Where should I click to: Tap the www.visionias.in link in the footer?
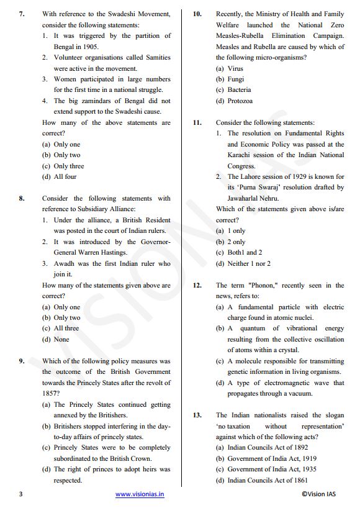coord(140,494)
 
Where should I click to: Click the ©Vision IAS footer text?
coord(322,494)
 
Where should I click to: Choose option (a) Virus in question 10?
coord(230,68)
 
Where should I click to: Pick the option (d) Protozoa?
coord(234,101)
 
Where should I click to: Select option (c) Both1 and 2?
coord(238,253)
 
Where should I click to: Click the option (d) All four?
coord(59,176)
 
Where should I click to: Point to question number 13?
coord(197,415)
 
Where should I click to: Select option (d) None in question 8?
coord(55,339)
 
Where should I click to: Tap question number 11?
coord(197,122)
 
